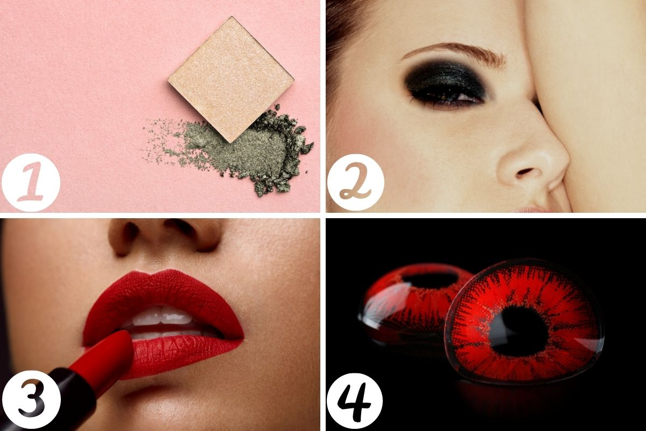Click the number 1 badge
[x=31, y=183]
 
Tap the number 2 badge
[x=356, y=182]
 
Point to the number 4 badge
[x=354, y=402]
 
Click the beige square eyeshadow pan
[x=231, y=79]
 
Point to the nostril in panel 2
[x=525, y=172]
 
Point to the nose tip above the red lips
[x=164, y=231]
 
